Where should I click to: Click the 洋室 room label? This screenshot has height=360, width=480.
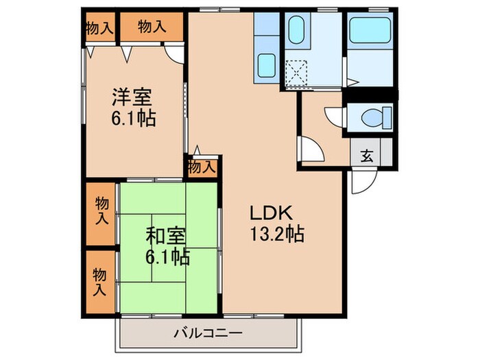(x=132, y=97)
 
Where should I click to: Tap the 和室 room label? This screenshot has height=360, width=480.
(x=166, y=237)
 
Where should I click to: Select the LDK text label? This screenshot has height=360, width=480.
(x=272, y=213)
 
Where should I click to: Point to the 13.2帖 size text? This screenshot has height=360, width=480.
(x=277, y=235)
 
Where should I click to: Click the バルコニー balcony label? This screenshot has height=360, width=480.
(x=208, y=333)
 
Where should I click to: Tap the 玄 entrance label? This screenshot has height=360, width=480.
(x=367, y=156)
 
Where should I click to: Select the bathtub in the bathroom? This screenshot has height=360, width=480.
(x=370, y=29)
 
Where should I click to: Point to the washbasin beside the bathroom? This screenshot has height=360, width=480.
(x=296, y=30)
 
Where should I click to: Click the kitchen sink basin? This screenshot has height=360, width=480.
(x=266, y=66)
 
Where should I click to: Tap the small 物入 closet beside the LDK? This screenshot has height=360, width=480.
(x=202, y=167)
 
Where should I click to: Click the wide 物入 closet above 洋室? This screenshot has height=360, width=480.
(x=152, y=27)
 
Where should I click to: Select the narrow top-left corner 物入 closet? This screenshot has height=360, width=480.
(x=100, y=27)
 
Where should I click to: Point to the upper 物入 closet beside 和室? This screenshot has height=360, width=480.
(x=101, y=213)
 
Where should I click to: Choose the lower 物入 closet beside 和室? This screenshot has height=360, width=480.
(x=100, y=282)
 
